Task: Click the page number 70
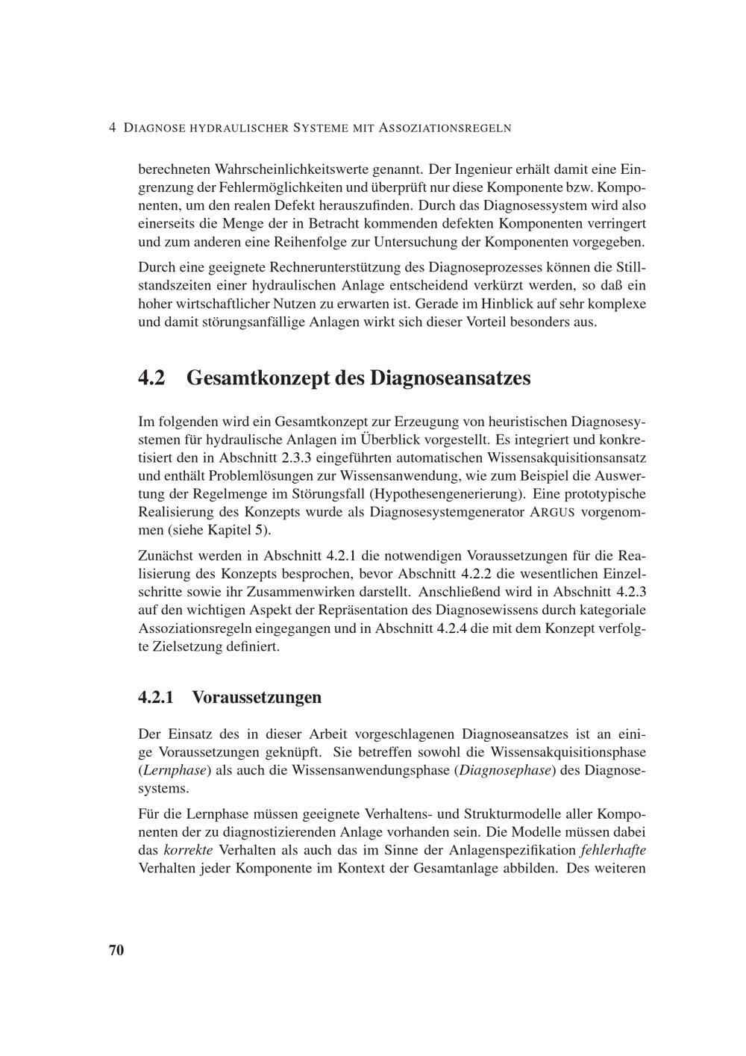[116, 950]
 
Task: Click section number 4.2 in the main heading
[151, 378]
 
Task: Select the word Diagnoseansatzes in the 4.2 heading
[451, 378]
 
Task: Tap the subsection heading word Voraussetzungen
[257, 698]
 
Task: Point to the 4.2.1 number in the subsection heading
[156, 698]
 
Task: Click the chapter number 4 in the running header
[112, 128]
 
